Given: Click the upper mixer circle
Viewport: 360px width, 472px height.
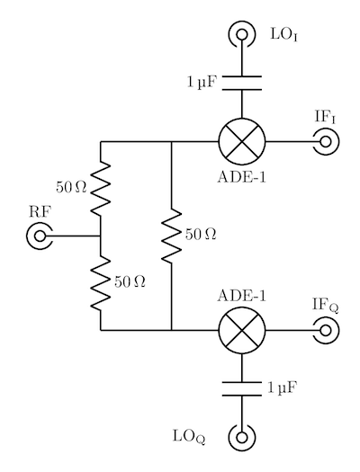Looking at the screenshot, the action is click(x=242, y=141).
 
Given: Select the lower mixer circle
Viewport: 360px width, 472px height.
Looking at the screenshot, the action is click(x=242, y=331).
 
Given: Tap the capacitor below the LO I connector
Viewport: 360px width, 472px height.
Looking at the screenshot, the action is click(x=242, y=83).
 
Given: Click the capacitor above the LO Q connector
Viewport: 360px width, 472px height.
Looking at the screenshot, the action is click(x=242, y=389).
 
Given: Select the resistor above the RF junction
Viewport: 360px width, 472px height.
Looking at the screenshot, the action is click(x=101, y=189).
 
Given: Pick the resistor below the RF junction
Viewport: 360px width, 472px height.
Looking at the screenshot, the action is click(x=101, y=283).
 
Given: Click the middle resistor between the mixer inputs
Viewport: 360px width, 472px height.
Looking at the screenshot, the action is click(x=171, y=236).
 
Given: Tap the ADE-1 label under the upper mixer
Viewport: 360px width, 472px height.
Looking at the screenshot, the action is click(x=242, y=177).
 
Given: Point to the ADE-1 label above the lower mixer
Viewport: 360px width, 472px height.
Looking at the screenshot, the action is click(x=242, y=296).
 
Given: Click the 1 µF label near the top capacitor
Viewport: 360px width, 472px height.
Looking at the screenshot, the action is click(x=202, y=82).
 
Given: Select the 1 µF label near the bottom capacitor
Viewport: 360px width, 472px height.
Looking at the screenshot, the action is click(x=283, y=387).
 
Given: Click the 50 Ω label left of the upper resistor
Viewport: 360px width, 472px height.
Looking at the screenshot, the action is click(x=71, y=188).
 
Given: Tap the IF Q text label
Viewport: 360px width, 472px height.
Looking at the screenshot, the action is click(x=326, y=305).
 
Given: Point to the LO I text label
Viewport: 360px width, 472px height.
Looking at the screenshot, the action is click(x=284, y=35).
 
